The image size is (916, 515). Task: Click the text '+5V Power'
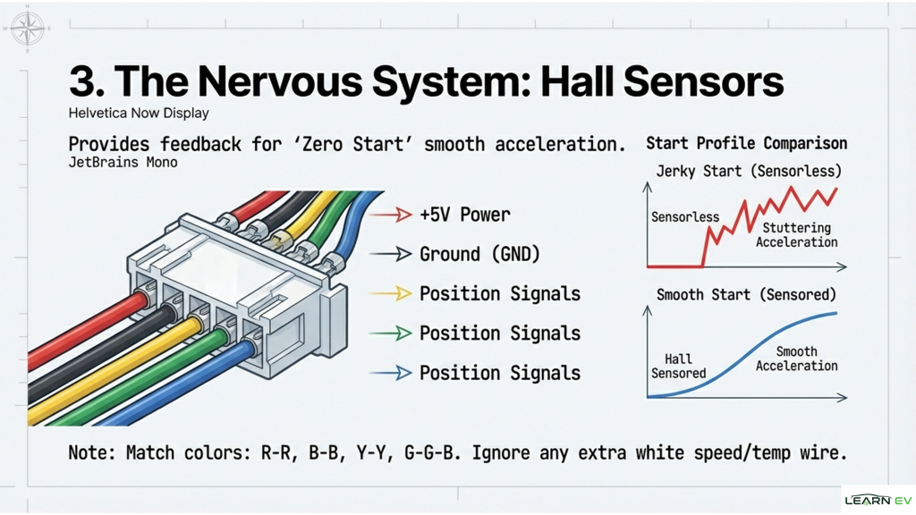465,215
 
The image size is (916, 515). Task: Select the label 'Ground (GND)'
480,254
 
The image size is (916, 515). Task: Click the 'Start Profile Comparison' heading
746,143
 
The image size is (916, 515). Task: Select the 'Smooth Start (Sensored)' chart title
746,294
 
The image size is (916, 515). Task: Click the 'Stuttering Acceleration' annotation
796,235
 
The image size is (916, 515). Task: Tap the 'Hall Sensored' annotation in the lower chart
678,366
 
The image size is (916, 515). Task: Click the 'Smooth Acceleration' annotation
796,359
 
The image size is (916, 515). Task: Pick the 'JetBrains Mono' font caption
123,163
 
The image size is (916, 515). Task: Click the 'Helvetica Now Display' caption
139,114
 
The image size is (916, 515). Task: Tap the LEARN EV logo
878,500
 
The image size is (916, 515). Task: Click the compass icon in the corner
27,29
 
